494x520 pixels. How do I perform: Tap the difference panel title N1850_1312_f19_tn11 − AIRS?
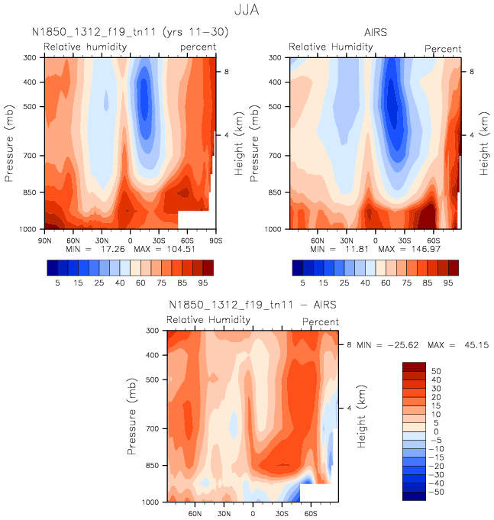253,305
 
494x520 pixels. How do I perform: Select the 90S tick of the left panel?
215,239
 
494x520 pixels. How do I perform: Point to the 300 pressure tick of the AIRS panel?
279,58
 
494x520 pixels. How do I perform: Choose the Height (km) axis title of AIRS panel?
484,144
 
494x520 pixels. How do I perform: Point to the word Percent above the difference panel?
320,322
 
